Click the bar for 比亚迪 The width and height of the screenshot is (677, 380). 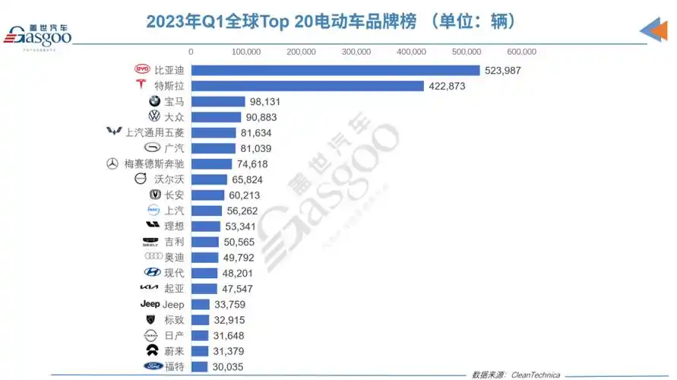pos(334,70)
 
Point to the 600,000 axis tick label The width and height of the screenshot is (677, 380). pos(521,52)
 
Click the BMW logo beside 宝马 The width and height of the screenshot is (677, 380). pos(154,101)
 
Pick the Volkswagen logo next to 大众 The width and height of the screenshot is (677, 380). pos(154,117)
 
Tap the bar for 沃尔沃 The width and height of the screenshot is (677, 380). pos(208,179)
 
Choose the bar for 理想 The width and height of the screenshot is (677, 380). pos(205,226)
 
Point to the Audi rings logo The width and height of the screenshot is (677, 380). pos(153,258)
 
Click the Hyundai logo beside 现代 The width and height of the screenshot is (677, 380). pos(152,273)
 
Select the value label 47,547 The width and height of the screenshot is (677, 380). pos(236,289)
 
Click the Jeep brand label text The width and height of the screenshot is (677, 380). pos(173,305)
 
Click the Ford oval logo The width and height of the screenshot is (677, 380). pos(153,367)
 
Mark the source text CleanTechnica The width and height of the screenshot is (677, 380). pos(536,375)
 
